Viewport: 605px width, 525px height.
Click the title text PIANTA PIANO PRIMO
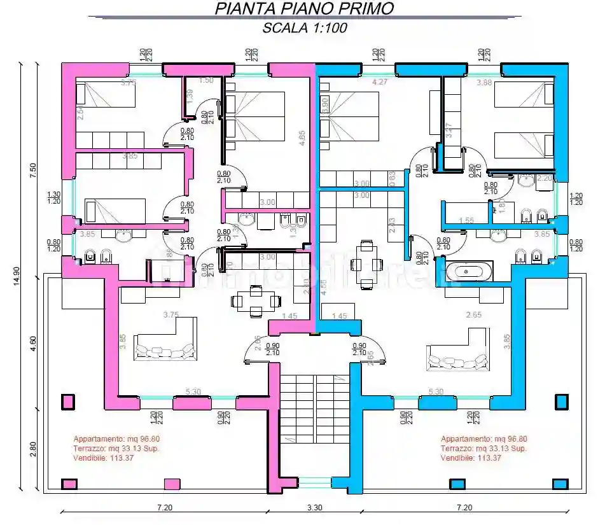(x=304, y=8)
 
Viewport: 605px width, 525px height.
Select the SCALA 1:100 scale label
(x=304, y=28)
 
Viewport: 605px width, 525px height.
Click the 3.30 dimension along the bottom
(x=314, y=507)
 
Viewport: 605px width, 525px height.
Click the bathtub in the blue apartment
(x=469, y=270)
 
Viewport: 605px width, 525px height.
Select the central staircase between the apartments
(x=315, y=407)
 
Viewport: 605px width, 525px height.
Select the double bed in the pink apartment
(x=254, y=116)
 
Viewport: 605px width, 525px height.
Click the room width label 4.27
(x=380, y=81)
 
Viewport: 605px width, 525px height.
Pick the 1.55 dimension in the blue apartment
(x=466, y=220)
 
